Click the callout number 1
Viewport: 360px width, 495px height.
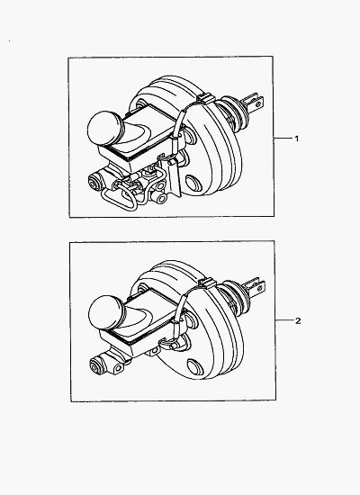click(296, 139)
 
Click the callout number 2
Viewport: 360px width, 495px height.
click(298, 320)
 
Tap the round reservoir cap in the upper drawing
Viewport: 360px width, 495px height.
click(103, 128)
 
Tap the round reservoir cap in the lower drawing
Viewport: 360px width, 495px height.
click(104, 313)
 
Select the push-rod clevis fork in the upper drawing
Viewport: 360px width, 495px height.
click(253, 102)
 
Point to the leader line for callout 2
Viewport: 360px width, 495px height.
click(283, 320)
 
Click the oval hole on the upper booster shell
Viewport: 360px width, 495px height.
click(192, 183)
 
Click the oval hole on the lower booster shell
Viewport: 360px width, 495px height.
click(193, 366)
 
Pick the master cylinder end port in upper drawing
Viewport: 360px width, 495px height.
click(94, 183)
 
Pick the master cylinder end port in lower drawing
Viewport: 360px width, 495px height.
click(95, 365)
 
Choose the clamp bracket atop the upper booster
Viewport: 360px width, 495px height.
click(205, 98)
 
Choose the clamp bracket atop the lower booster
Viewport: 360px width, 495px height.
click(206, 283)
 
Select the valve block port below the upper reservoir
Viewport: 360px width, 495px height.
click(161, 198)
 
